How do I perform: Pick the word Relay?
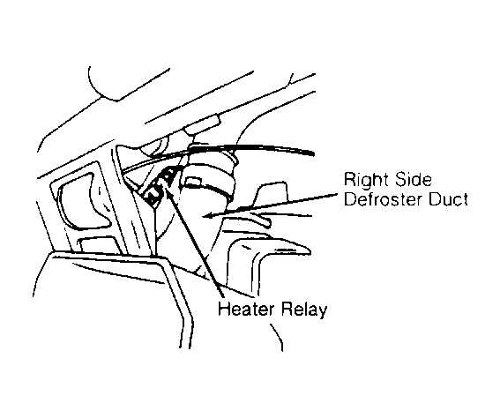[x=304, y=310]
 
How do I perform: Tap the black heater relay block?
[x=159, y=188]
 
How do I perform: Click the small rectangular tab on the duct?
[x=193, y=182]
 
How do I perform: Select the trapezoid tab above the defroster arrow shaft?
[x=270, y=194]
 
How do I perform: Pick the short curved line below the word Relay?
[x=278, y=337]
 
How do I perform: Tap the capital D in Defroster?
[x=350, y=199]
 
